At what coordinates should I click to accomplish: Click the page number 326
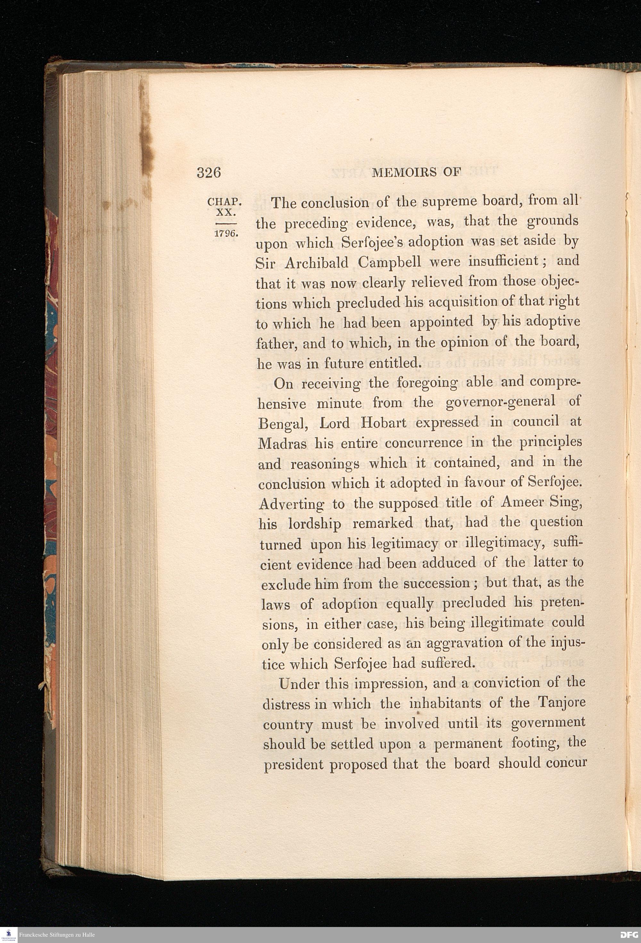(209, 173)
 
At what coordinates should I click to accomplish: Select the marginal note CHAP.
(224, 202)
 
